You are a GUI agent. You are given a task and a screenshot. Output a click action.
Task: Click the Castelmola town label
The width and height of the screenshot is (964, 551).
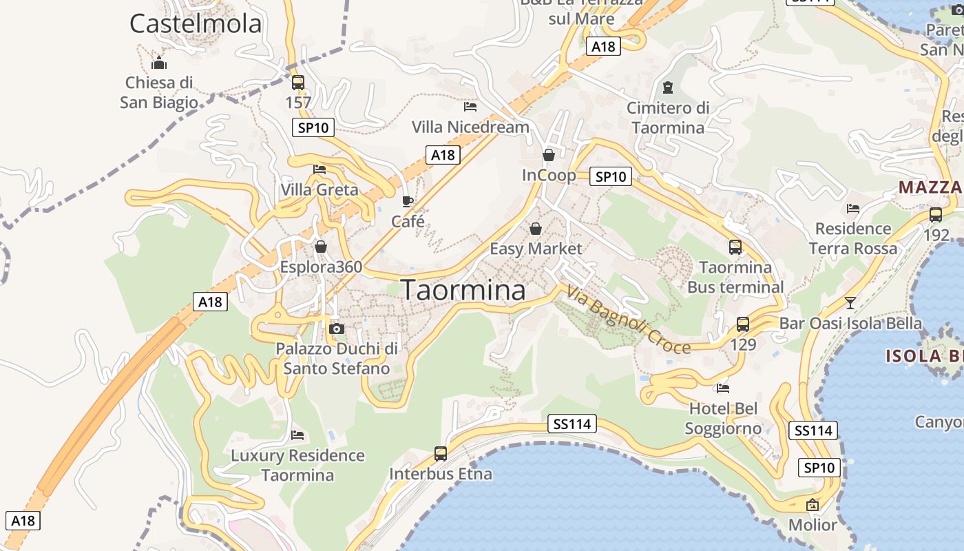pyautogui.click(x=196, y=23)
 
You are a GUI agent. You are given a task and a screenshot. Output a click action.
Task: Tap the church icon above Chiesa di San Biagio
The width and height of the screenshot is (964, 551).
pyautogui.click(x=160, y=63)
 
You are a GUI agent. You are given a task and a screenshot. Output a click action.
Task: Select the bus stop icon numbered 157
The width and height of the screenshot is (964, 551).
pyautogui.click(x=298, y=83)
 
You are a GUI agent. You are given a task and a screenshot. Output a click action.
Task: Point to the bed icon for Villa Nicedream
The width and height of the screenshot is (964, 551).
pyautogui.click(x=470, y=107)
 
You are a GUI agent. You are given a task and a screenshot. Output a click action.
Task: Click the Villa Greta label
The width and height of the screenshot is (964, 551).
pyautogui.click(x=319, y=189)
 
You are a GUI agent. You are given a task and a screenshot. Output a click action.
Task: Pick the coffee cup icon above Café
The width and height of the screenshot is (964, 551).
pyautogui.click(x=408, y=201)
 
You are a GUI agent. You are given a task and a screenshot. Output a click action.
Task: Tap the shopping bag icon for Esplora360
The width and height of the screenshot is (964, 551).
pyautogui.click(x=321, y=247)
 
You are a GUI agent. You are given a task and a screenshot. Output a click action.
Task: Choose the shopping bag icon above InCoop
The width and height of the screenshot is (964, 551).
pyautogui.click(x=549, y=155)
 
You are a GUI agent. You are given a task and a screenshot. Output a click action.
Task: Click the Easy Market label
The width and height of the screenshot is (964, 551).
pyautogui.click(x=536, y=249)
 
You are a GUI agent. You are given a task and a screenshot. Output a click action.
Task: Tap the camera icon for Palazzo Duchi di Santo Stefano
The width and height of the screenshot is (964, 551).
pyautogui.click(x=337, y=329)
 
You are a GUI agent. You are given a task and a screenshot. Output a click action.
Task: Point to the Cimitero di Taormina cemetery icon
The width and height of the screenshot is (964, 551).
pyautogui.click(x=667, y=87)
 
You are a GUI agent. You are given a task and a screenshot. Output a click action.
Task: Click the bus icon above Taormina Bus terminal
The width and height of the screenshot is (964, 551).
pyautogui.click(x=735, y=247)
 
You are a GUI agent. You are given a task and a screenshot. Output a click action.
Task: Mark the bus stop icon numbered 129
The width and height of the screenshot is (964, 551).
pyautogui.click(x=743, y=324)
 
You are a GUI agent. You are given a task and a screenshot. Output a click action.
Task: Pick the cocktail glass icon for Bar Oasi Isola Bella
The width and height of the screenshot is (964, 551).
pyautogui.click(x=850, y=303)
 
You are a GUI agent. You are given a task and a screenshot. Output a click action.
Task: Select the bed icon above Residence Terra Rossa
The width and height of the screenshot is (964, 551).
pyautogui.click(x=853, y=208)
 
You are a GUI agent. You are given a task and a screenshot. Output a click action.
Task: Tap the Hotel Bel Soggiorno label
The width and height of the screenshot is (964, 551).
pyautogui.click(x=723, y=419)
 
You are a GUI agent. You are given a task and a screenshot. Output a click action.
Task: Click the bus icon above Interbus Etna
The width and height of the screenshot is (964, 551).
pyautogui.click(x=441, y=454)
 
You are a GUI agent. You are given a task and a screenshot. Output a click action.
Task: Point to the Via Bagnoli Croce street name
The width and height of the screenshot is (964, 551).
pyautogui.click(x=628, y=321)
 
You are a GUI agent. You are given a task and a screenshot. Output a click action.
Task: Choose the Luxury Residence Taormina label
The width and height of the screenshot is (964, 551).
pyautogui.click(x=297, y=465)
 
